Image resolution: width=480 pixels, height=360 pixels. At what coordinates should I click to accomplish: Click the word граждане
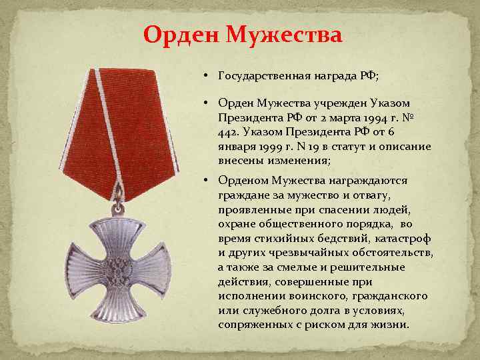coord(242,193)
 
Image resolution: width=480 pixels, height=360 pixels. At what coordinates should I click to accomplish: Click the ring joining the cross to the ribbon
coord(121,195)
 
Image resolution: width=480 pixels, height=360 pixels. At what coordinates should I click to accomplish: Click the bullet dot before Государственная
coord(207,75)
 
